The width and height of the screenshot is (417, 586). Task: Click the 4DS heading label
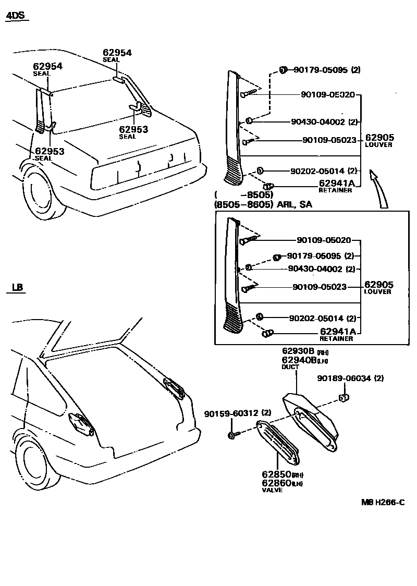(15, 16)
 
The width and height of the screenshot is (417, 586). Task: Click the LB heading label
(17, 287)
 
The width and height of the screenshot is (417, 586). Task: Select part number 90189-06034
(344, 379)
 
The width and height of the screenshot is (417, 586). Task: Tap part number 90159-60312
(231, 413)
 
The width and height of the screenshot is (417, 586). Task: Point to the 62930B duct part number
(299, 351)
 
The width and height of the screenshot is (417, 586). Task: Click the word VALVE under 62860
(272, 490)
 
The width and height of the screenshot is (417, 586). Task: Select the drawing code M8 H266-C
(383, 503)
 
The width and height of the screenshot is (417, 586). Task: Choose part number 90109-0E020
(327, 95)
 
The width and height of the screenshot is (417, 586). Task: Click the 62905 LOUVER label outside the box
(379, 140)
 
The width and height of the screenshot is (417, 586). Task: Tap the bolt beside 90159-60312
(232, 434)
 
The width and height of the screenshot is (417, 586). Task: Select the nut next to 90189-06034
(344, 399)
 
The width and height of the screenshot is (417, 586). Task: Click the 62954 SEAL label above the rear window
(117, 55)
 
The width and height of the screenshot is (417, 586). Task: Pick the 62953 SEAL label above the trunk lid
(133, 132)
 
